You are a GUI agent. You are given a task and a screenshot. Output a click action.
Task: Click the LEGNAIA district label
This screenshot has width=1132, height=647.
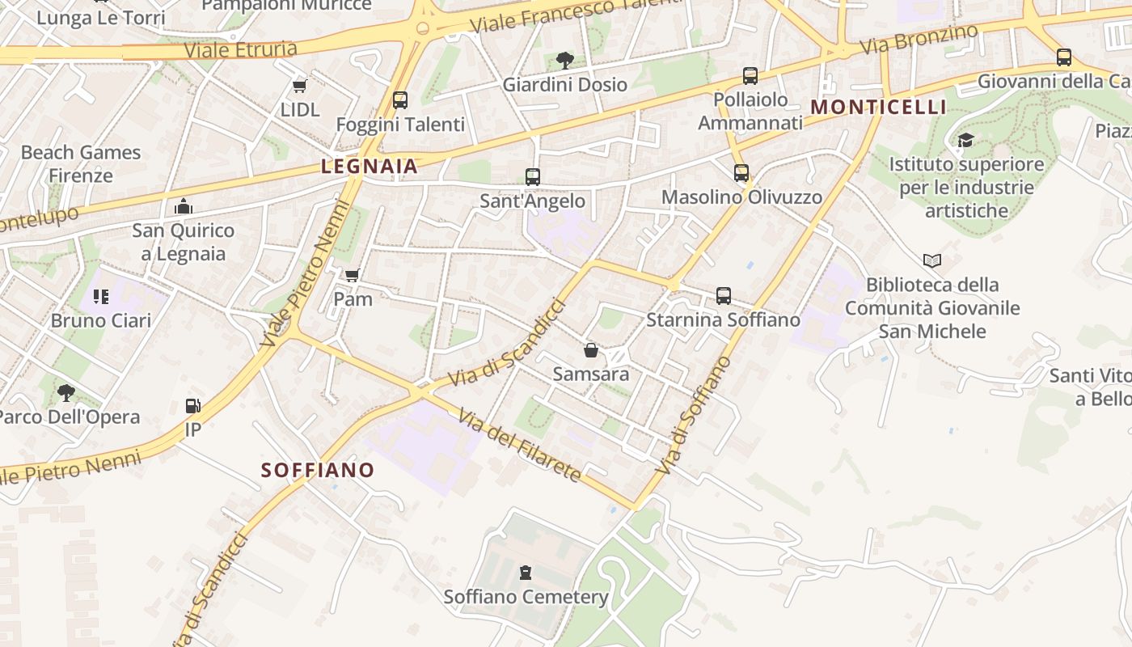[370, 167]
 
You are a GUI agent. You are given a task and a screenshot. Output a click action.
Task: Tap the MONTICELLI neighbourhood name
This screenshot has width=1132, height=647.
[878, 107]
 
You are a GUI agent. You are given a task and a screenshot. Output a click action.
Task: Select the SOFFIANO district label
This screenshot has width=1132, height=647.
[318, 470]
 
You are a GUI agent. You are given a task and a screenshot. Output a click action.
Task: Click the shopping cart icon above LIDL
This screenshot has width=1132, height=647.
[300, 86]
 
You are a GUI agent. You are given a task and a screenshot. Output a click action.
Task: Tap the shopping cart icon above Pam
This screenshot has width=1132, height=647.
[352, 276]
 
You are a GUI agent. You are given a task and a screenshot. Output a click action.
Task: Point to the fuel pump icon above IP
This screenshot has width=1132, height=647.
[192, 405]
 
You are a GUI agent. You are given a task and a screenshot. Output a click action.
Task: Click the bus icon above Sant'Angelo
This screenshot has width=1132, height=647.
[532, 176]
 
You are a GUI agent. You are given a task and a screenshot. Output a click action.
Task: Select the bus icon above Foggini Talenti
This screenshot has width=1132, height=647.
[400, 100]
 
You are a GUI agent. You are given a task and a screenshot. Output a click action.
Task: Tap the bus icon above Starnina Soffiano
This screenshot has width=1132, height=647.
[723, 296]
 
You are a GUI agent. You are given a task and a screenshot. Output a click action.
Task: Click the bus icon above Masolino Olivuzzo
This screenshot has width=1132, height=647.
[741, 172]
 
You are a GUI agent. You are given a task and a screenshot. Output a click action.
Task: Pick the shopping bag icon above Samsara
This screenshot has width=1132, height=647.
[591, 350]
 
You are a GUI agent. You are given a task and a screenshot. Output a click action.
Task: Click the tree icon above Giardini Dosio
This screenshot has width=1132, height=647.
[565, 60]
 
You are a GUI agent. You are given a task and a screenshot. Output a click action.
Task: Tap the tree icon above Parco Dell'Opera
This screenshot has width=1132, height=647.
[66, 393]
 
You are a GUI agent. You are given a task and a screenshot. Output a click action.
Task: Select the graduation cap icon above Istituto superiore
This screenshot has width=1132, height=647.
[965, 141]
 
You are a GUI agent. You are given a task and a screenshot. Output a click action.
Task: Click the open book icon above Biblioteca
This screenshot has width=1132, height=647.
[932, 260]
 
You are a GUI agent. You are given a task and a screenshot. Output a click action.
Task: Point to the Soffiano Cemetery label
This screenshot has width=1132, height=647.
[526, 597]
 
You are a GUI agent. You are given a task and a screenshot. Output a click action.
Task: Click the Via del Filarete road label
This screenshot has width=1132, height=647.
[520, 446]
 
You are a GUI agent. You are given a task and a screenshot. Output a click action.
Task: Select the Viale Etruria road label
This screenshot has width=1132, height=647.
[241, 50]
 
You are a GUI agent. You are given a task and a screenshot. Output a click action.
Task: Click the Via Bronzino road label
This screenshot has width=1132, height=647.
[919, 39]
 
